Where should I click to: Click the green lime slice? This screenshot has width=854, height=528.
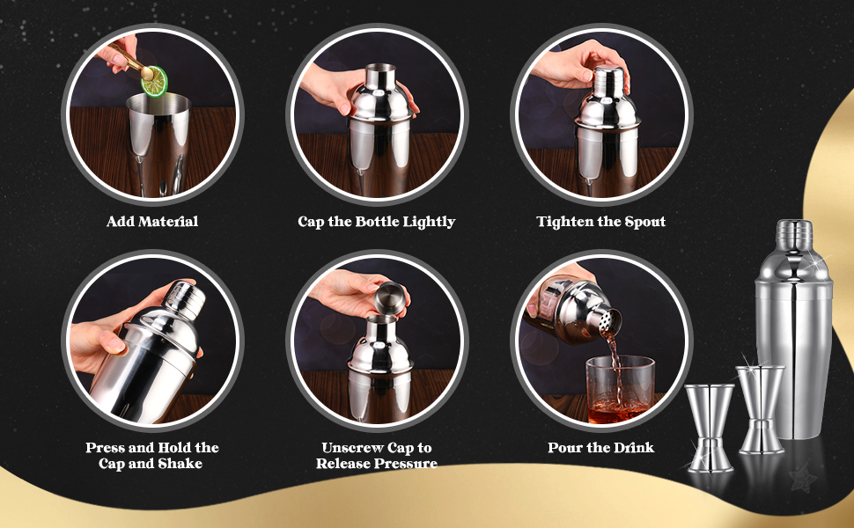point(155,80)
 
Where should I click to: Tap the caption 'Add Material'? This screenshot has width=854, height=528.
point(152,222)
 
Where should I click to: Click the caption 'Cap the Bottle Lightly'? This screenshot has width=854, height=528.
point(376,222)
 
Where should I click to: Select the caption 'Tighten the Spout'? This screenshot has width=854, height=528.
point(600,222)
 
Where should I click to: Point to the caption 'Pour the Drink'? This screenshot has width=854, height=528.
point(600,448)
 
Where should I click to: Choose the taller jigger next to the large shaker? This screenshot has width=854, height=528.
point(761,408)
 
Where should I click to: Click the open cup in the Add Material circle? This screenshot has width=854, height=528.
point(158,141)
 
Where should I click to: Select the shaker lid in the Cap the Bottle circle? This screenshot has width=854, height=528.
point(379,97)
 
